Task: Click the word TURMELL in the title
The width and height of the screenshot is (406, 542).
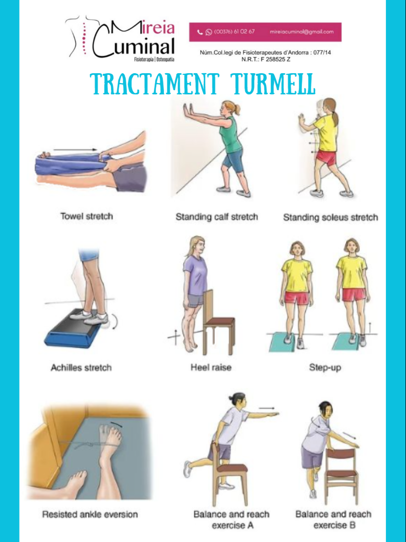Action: (274, 84)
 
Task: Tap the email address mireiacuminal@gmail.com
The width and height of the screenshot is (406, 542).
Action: (301, 32)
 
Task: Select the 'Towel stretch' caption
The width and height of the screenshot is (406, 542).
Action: (87, 216)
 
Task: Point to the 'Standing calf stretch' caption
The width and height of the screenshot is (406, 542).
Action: (217, 217)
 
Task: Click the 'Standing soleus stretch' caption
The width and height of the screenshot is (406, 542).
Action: (330, 217)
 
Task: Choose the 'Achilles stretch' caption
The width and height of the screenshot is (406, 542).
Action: (81, 368)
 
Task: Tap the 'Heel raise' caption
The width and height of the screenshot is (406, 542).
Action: (211, 367)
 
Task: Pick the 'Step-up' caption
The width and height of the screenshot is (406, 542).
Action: (325, 368)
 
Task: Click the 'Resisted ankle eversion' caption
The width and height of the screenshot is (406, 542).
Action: (90, 514)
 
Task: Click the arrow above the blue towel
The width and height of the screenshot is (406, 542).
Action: (75, 150)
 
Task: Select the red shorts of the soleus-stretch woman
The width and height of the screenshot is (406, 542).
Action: (326, 158)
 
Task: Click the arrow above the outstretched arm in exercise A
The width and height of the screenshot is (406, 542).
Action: (266, 408)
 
